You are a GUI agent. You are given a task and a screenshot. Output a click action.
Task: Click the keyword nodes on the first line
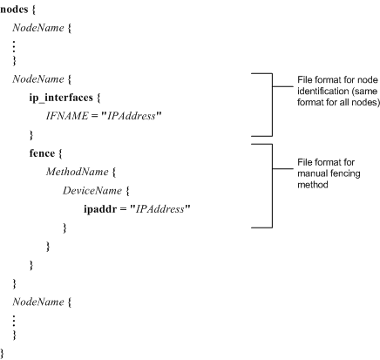[14, 10]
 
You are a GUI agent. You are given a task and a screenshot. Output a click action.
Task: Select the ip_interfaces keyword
[61, 98]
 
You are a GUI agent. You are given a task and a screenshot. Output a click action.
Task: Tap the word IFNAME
[67, 116]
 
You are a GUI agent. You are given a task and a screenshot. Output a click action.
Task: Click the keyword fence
[42, 153]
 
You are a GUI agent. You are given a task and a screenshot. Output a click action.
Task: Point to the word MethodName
[78, 172]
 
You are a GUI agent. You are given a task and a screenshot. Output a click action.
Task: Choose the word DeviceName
[92, 191]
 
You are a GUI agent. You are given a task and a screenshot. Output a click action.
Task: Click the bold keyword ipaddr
[100, 209]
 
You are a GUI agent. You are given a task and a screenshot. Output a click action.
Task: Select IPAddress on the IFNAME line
[132, 116]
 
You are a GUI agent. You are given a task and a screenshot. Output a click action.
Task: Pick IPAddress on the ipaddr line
[160, 209]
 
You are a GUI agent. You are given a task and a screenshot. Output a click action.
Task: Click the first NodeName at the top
[38, 28]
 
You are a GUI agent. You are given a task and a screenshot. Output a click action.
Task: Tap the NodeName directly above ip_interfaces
[38, 79]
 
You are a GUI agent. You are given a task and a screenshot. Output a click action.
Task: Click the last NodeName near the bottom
[38, 302]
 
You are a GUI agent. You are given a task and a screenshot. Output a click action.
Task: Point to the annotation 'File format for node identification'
[338, 91]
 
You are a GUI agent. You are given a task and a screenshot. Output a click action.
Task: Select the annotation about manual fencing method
[329, 173]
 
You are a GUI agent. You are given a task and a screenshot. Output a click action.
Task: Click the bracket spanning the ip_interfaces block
[272, 105]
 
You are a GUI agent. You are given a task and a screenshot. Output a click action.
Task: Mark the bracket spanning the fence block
[272, 186]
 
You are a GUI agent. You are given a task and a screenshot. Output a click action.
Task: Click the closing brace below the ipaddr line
[64, 228]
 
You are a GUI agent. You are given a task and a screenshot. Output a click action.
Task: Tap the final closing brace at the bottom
[3, 353]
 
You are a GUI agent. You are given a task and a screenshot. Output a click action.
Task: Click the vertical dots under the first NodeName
[14, 46]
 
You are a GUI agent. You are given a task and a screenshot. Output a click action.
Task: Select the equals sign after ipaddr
[123, 209]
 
